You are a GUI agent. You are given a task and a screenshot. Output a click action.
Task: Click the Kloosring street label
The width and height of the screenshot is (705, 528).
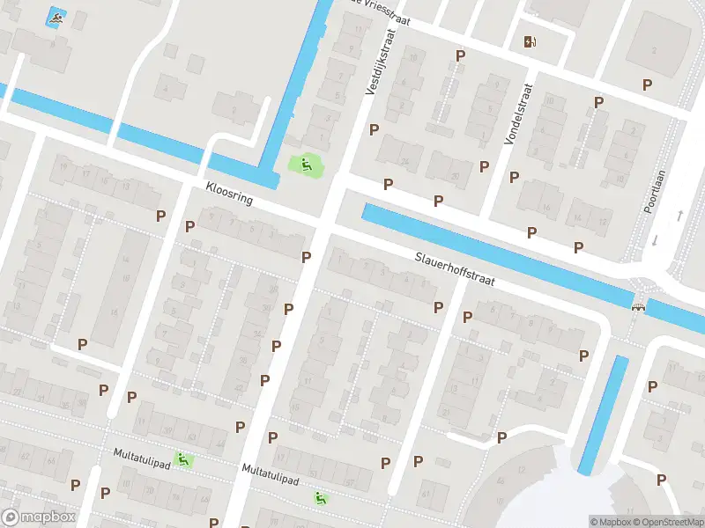click(229, 194)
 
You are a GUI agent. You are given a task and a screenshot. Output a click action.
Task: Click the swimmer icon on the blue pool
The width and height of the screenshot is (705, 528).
click(56, 18)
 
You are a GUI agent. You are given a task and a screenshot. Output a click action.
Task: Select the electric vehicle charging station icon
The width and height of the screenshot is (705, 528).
click(530, 41)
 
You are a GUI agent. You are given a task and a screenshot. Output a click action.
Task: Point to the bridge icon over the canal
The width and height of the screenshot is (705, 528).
click(638, 305)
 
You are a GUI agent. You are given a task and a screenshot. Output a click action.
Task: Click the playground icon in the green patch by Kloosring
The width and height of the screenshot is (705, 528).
click(305, 163)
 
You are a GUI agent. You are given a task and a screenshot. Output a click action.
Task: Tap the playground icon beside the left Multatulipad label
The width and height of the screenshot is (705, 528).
click(182, 458)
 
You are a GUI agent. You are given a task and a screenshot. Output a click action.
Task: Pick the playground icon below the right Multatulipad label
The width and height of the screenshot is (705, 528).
click(321, 498)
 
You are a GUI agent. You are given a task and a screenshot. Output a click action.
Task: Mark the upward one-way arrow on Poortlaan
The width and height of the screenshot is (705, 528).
click(679, 215)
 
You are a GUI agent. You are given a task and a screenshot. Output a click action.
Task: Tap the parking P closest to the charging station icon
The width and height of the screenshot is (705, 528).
click(459, 55)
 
